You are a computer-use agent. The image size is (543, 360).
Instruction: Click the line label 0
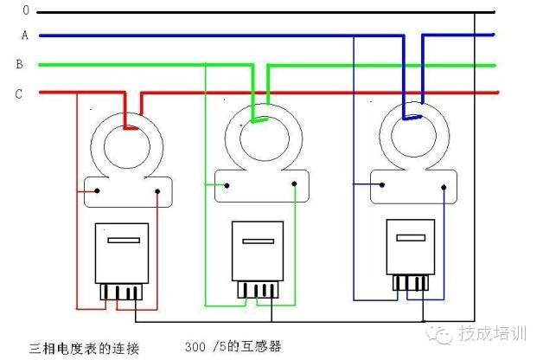pyautogui.click(x=25, y=10)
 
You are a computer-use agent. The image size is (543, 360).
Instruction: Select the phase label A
pyautogui.click(x=25, y=36)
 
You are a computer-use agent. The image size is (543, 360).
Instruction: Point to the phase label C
pyautogui.click(x=18, y=94)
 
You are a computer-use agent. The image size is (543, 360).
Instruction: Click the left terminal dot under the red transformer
pyautogui.click(x=98, y=191)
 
